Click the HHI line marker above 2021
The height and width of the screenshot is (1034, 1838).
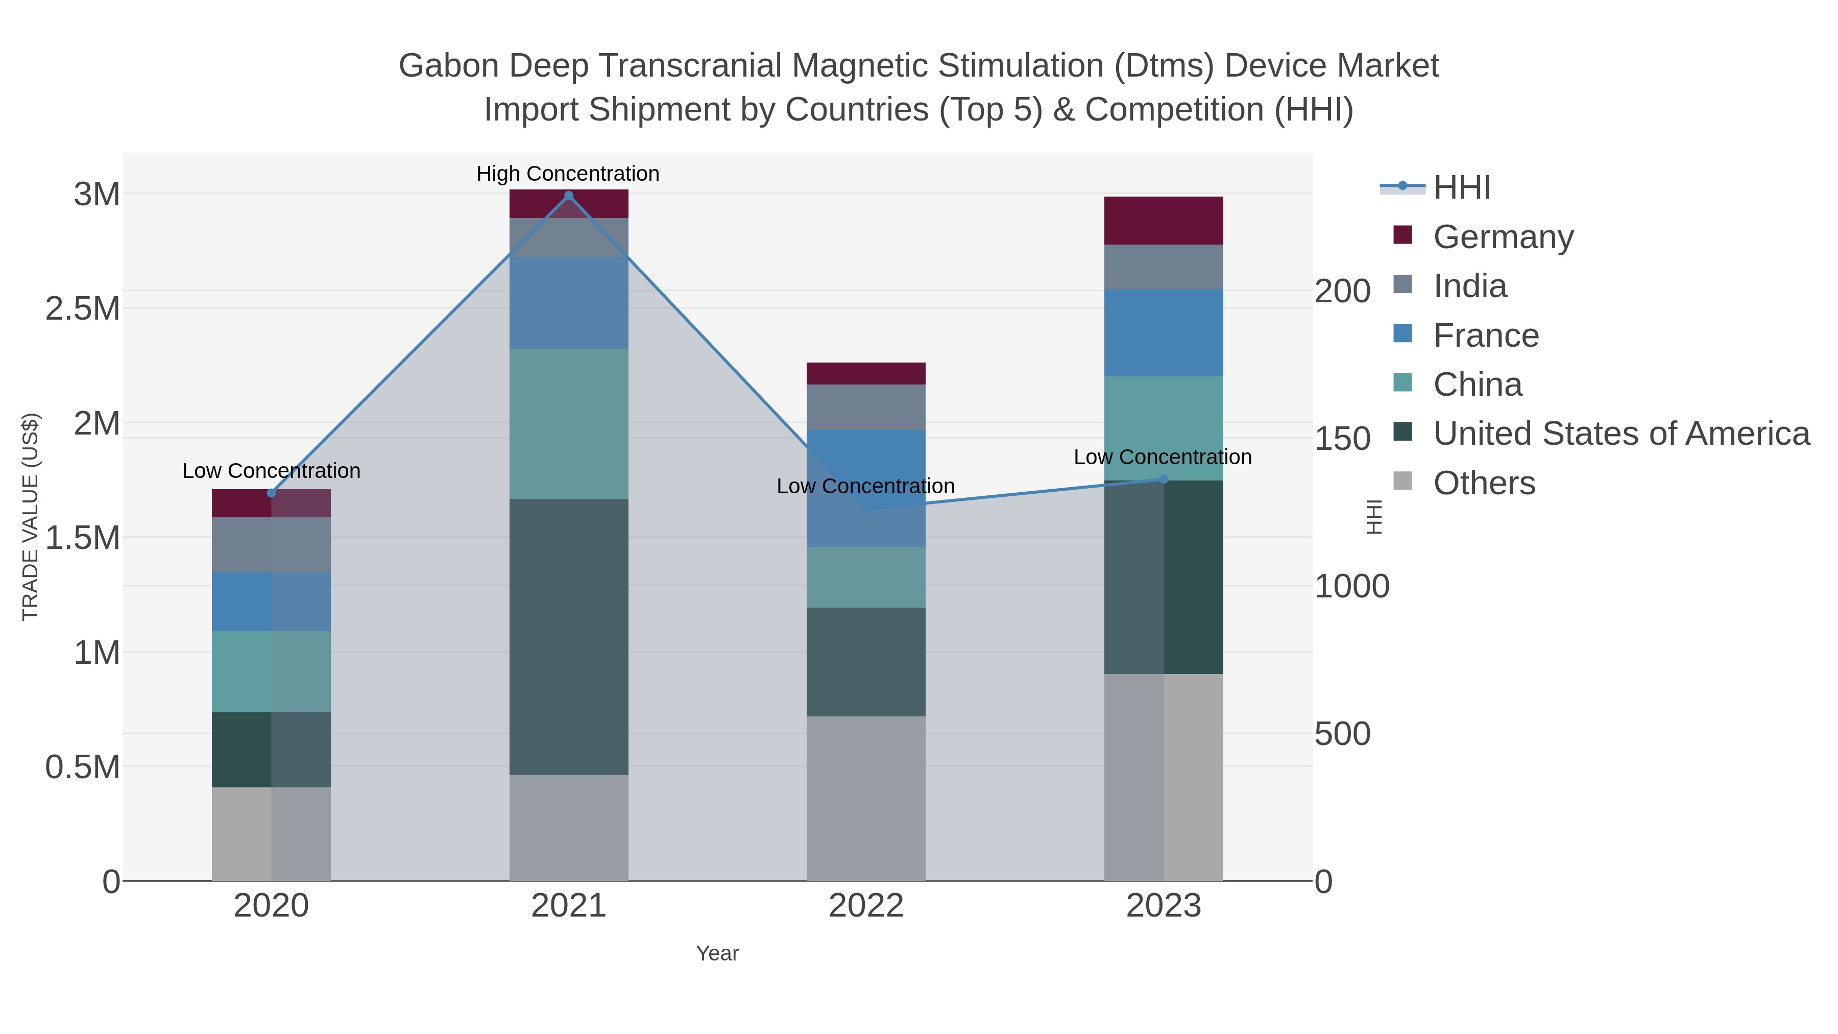[569, 196]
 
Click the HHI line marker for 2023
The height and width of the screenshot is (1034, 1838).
[1164, 479]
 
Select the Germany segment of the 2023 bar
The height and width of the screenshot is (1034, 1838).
[1163, 221]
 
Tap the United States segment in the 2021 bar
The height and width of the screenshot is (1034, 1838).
[569, 637]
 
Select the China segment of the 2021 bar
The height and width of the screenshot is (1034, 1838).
[569, 423]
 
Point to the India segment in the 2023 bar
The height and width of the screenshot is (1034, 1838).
[1163, 267]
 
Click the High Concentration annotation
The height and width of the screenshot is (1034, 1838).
[567, 174]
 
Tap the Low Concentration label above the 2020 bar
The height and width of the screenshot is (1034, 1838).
[271, 471]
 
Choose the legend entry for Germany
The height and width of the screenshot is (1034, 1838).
[1503, 236]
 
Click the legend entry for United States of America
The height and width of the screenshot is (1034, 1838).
[1621, 433]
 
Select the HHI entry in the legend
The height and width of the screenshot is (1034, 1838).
[1461, 188]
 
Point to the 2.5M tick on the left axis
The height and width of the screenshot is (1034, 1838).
[83, 309]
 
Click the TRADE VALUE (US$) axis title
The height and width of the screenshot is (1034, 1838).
[30, 517]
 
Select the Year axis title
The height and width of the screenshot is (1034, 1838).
[717, 953]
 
